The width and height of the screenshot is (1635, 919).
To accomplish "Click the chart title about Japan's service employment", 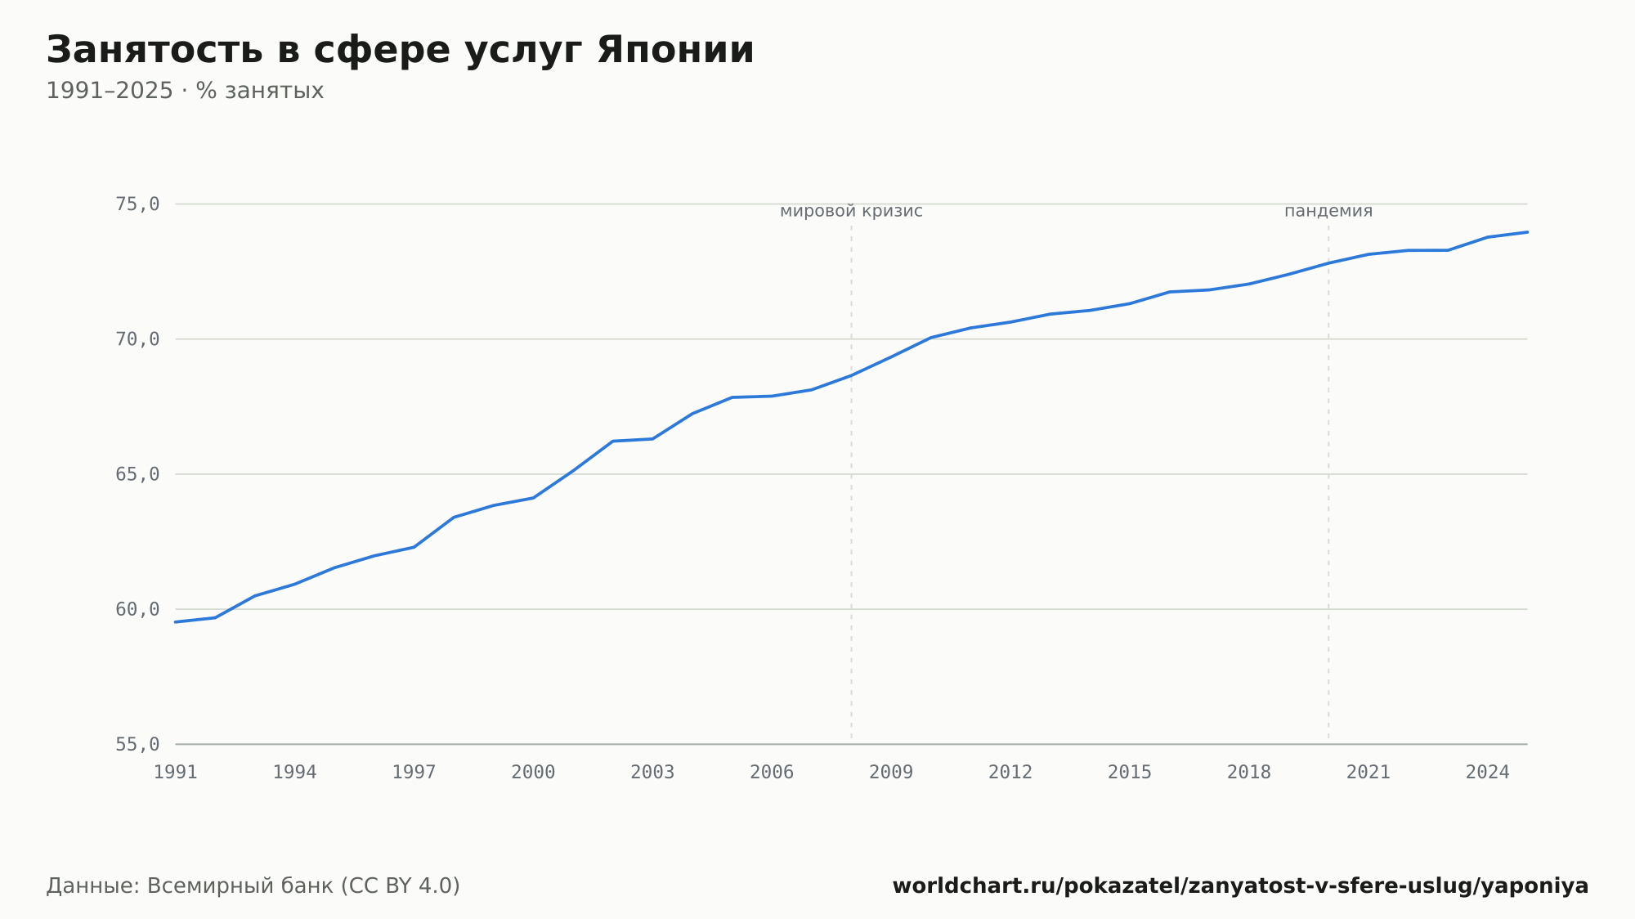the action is point(400,51).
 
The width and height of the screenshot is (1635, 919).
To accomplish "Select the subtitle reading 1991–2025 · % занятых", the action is point(185,91).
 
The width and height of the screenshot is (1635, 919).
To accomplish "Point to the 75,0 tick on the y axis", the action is point(137,204).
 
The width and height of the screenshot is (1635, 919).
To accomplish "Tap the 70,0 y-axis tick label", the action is point(137,339).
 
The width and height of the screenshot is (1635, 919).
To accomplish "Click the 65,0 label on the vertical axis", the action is point(137,474).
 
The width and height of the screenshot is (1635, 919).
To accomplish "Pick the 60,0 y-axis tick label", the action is point(137,609).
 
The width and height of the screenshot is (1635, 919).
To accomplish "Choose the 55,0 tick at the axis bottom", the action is point(137,744).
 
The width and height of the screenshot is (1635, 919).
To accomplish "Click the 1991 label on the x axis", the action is point(176,773).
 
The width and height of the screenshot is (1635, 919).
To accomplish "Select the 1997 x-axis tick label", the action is point(414,773).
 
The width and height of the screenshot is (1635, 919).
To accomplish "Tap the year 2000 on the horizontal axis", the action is point(533,773).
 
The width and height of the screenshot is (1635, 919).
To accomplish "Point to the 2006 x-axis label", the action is point(772,773).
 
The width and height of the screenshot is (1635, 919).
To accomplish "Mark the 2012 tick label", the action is point(1010,773).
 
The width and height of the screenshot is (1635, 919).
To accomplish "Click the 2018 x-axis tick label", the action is point(1249,773).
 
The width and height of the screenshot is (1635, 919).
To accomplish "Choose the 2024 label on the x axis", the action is point(1488,773).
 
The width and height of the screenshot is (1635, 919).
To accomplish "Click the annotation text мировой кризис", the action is point(851,212).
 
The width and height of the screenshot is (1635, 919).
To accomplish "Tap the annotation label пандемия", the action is point(1328,212).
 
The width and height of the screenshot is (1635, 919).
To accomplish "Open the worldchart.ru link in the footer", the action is point(1240,886).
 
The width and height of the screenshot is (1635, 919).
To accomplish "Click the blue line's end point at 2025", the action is point(1527,232).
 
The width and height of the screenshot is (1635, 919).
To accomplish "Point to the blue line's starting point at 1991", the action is point(176,622).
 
